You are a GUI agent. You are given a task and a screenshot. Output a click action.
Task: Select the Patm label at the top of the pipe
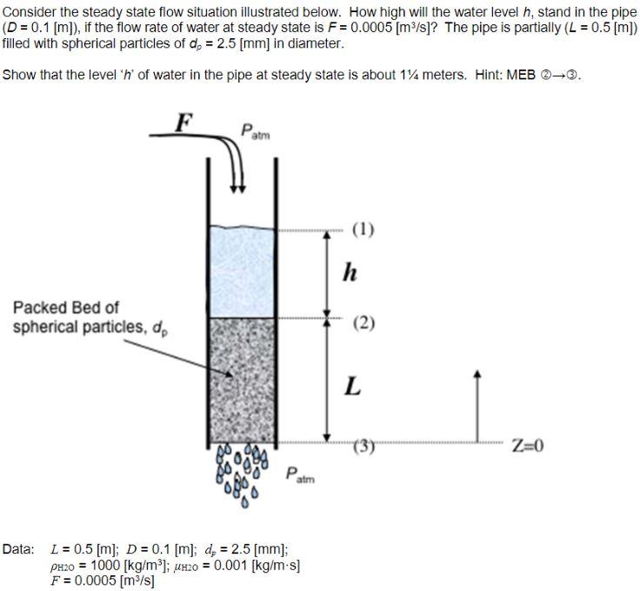[256, 131]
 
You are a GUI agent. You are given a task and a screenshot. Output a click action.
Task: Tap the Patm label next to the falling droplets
[302, 475]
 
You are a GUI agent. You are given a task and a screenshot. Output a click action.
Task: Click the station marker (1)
[363, 230]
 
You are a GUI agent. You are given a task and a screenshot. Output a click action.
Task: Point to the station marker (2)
[363, 323]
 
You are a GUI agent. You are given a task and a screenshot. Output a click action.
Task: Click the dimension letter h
[350, 273]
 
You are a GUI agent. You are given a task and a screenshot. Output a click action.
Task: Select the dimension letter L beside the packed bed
[351, 386]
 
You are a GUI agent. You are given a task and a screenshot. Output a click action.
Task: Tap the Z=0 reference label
[527, 447]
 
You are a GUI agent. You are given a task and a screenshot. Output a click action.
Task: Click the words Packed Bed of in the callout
[66, 308]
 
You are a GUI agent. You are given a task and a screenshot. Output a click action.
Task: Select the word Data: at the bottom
[18, 549]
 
